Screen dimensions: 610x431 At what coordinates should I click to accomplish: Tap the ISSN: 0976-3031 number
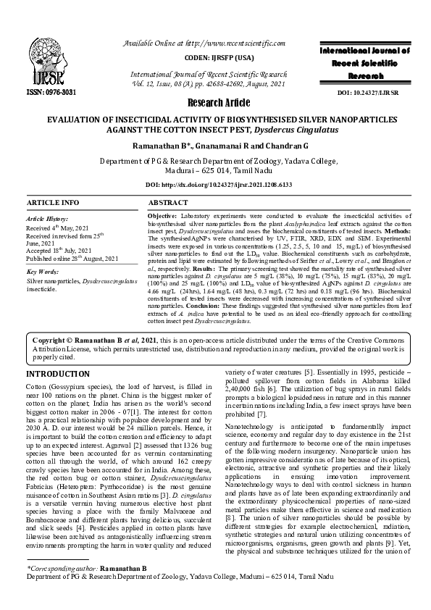point(52,93)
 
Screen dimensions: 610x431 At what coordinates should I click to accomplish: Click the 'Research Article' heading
point(215,102)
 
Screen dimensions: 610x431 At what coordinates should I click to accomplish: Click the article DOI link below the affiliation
point(215,185)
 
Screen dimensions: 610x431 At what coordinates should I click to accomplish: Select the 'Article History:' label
point(48,218)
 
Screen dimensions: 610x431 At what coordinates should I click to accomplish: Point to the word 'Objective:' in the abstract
point(162,217)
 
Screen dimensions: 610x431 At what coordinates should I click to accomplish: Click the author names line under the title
point(215,146)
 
